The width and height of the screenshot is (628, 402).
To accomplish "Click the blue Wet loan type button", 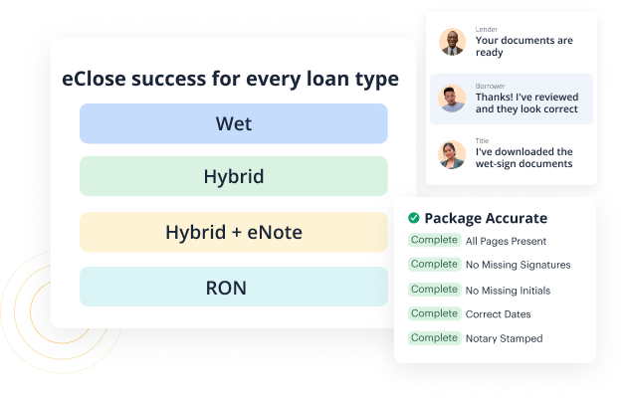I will (x=233, y=124).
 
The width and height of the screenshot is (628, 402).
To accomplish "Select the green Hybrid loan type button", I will (x=233, y=177).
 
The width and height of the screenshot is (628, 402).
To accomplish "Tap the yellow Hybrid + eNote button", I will (x=233, y=233).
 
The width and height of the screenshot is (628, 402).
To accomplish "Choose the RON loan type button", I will (x=233, y=288).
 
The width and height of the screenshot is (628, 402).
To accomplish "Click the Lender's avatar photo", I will (x=453, y=43).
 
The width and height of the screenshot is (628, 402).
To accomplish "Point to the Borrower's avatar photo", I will (x=453, y=99).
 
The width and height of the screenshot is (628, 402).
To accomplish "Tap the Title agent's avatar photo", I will (x=453, y=154).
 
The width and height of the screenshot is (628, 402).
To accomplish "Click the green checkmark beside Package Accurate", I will (x=413, y=218).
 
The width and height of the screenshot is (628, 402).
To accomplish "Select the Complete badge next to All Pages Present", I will (x=434, y=241).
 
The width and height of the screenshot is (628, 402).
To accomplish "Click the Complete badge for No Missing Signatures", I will (x=434, y=265).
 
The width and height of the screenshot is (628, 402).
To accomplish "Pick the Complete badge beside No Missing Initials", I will (x=434, y=290).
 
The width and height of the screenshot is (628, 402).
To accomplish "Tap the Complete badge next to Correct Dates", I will (x=434, y=313).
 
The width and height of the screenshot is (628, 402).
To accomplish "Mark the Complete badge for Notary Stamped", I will (x=434, y=338).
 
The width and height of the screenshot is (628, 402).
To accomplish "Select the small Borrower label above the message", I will (x=489, y=86).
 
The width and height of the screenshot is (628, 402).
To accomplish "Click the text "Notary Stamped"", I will (x=505, y=338).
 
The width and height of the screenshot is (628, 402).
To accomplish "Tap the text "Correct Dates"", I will (x=499, y=314).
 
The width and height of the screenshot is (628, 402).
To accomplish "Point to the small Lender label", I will (x=486, y=30).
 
